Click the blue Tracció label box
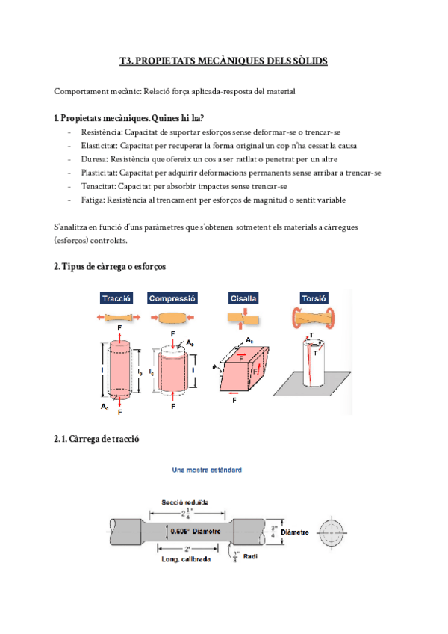coord(116,298)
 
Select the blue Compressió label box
coord(172,298)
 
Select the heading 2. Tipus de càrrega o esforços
coord(110,266)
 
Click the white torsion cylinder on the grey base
coord(311,364)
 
